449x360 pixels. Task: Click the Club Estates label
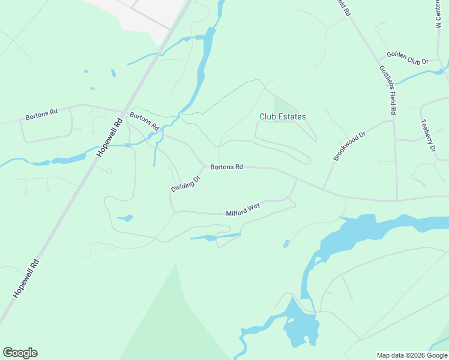(x=282, y=117)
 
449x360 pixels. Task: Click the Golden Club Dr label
(x=407, y=58)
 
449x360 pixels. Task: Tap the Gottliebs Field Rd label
(x=387, y=90)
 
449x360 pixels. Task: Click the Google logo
(x=20, y=353)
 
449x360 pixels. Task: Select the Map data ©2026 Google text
(x=412, y=355)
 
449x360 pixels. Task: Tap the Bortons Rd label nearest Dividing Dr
(x=226, y=167)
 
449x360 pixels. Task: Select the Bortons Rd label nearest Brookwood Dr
(x=226, y=167)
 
